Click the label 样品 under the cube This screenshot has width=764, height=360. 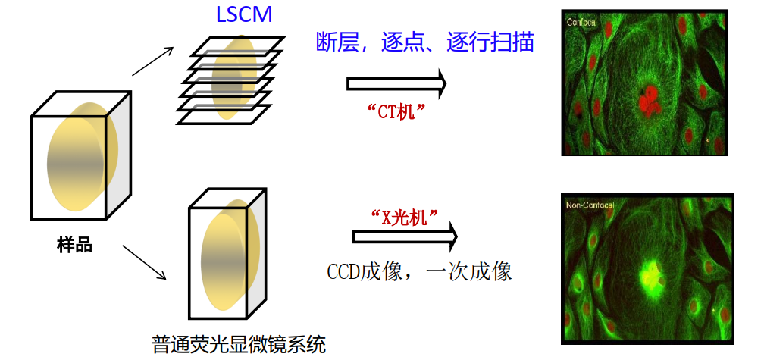coord(74,245)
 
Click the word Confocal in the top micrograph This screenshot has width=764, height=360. coord(582,23)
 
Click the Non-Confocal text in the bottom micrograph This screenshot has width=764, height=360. coord(590,205)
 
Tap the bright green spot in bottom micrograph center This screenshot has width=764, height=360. coord(650,274)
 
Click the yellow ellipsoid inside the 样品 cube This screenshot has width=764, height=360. coord(80,162)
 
